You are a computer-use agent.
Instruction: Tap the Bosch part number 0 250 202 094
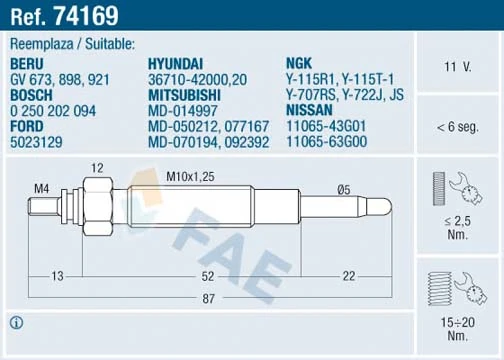point(53,111)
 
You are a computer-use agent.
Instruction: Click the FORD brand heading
point(28,127)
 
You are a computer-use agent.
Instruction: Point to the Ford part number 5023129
point(37,143)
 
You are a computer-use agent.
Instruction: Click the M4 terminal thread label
point(42,187)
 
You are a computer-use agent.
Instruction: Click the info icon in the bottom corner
point(18,322)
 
